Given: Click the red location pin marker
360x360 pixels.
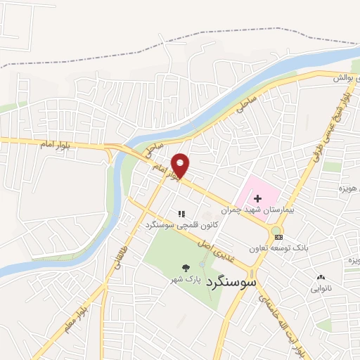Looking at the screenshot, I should coord(181,164).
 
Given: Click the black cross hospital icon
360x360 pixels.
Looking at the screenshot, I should coord(258,199).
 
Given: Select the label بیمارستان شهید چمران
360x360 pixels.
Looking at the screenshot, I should coord(252,210).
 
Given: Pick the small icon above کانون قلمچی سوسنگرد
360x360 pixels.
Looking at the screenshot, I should coord(181,214).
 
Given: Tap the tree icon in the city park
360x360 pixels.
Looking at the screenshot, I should coord(186,268).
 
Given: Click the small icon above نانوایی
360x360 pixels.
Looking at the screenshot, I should coord(321,278).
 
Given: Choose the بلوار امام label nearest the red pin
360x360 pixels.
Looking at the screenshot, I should coord(169,169).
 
